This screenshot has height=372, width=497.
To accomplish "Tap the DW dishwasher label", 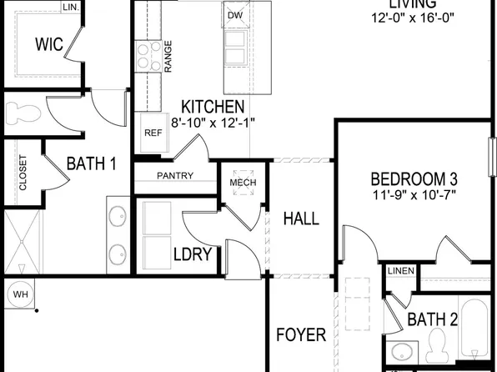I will tap(235, 15).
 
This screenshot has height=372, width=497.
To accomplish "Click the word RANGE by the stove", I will tap(168, 57).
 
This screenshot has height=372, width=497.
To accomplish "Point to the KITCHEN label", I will tap(213, 107).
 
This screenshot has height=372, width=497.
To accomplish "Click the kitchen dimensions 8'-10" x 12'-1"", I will tap(213, 122).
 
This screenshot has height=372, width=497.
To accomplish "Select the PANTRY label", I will tap(174, 176).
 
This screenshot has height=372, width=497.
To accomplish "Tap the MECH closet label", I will tap(243, 183).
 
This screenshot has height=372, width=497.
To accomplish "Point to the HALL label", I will tap(301, 219).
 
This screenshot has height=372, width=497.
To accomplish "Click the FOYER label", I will tap(301, 335).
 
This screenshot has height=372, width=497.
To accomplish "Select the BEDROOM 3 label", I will tap(414, 179).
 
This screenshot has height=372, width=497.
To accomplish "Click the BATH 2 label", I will tap(432, 319).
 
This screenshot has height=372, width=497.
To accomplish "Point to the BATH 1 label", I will tap(91, 163).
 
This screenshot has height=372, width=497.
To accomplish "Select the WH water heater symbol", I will tap(18, 294).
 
